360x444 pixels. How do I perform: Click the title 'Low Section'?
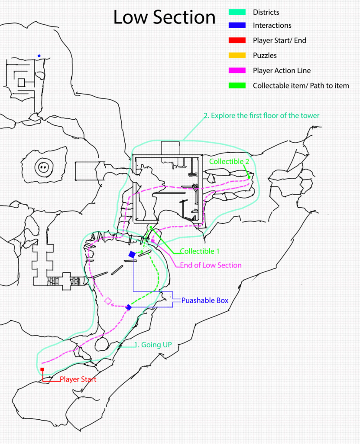coord(164,17)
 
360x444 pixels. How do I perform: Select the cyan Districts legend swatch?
coord(237,13)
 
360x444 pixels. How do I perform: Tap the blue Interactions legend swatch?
coord(237,26)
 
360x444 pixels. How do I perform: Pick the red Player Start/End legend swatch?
coord(237,40)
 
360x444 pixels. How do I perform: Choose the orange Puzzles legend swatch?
coord(237,55)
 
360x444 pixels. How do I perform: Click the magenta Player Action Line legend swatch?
coord(237,71)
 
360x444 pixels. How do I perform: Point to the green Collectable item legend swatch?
coord(237,85)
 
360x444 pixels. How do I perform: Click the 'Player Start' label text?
coord(78,379)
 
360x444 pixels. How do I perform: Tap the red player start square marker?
coord(42,369)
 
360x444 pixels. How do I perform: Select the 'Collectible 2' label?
coord(228,161)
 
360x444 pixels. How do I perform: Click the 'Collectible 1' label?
coord(200,251)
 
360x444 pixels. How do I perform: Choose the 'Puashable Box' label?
coord(204,300)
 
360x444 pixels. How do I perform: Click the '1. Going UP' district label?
coord(153,345)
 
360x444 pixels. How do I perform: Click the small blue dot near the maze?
coord(39,55)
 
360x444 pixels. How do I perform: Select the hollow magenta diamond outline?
coord(108,300)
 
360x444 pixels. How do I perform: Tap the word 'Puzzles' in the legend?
coord(265,55)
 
